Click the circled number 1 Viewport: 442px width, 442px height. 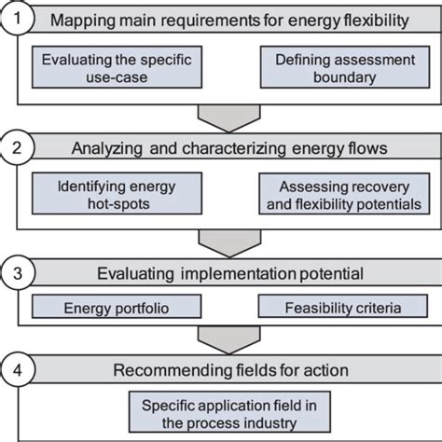pyautogui.click(x=19, y=20)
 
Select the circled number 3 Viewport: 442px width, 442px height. pyautogui.click(x=19, y=272)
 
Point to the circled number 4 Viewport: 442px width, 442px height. pyautogui.click(x=19, y=370)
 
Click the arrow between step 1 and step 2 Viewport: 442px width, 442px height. pyautogui.click(x=222, y=116)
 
